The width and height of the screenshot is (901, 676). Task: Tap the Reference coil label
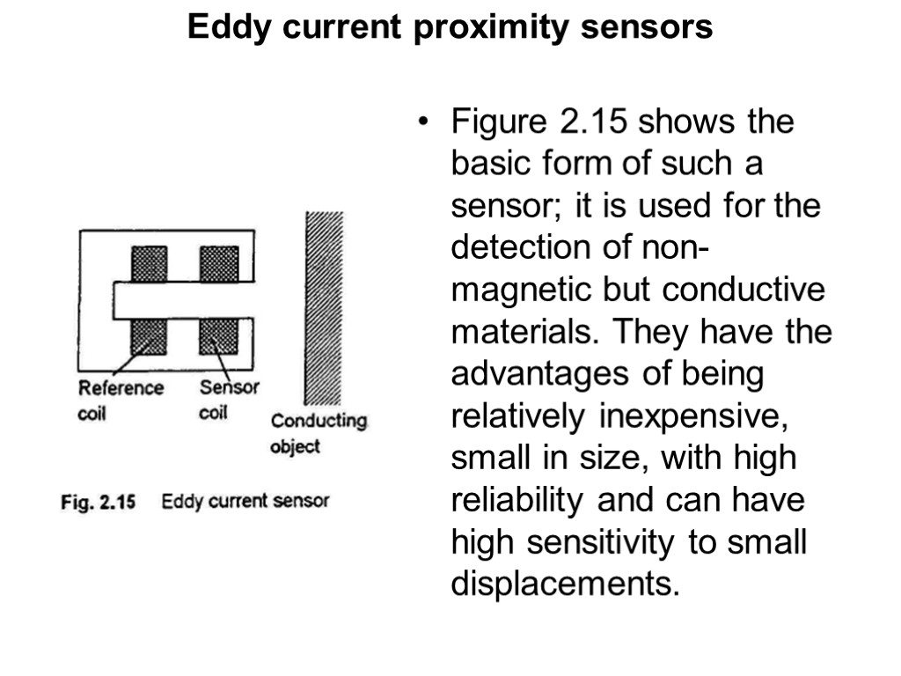point(121,400)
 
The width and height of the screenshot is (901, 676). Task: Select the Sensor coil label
point(228,400)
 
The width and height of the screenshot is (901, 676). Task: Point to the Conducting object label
point(318,432)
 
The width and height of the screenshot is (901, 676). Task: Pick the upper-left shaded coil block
point(150,263)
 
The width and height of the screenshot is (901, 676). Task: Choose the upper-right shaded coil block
point(218,263)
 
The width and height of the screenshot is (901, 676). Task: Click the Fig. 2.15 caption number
point(97,503)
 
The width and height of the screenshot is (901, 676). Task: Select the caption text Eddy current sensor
point(245,502)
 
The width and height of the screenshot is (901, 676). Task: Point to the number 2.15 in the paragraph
point(595,122)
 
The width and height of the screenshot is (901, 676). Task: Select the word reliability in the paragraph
point(518,502)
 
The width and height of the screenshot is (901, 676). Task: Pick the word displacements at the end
point(566,585)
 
